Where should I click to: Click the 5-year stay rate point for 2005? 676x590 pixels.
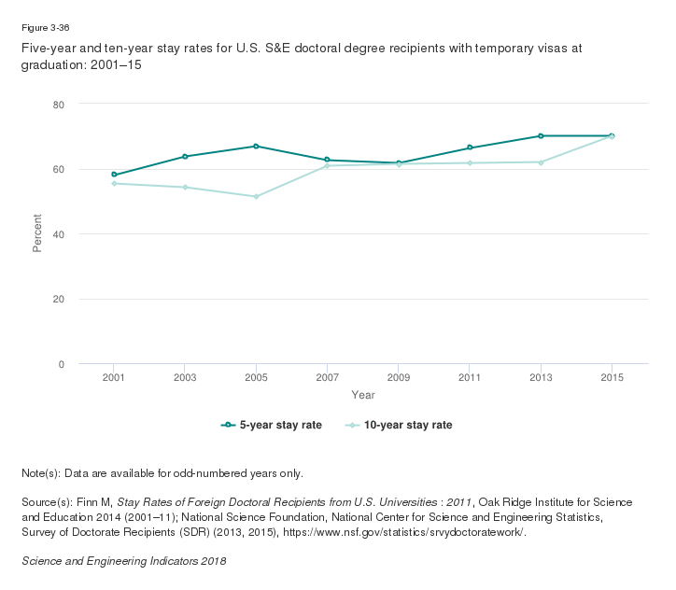pyautogui.click(x=256, y=147)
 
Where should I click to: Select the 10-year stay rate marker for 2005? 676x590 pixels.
pyautogui.click(x=256, y=197)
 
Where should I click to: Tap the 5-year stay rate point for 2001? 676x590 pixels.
pyautogui.click(x=114, y=175)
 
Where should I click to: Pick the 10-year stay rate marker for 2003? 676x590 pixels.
pyautogui.click(x=185, y=188)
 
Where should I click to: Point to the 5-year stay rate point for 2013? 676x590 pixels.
pyautogui.click(x=541, y=136)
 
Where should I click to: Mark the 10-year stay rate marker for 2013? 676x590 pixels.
pyautogui.click(x=541, y=162)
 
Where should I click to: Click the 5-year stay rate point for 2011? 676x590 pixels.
pyautogui.click(x=470, y=147)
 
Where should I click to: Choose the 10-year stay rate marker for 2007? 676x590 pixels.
pyautogui.click(x=327, y=166)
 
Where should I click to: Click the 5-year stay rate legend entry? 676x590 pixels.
pyautogui.click(x=272, y=425)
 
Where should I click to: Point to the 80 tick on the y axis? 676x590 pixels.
pyautogui.click(x=58, y=105)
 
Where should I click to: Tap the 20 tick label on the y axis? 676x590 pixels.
pyautogui.click(x=58, y=300)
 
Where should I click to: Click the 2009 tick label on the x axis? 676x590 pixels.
pyautogui.click(x=399, y=377)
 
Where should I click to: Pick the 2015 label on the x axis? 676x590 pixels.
pyautogui.click(x=612, y=377)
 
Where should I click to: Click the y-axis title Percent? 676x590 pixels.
pyautogui.click(x=38, y=234)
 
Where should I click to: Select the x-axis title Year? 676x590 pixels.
pyautogui.click(x=363, y=396)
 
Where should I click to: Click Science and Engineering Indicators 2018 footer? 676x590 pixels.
pyautogui.click(x=123, y=561)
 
